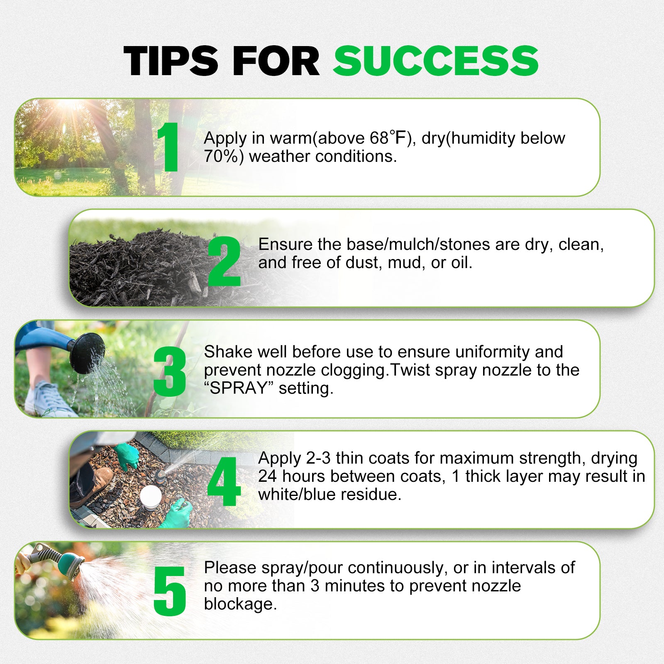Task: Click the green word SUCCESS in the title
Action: pyautogui.click(x=436, y=61)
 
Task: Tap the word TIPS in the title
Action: pyautogui.click(x=171, y=61)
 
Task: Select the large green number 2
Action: pyautogui.click(x=224, y=261)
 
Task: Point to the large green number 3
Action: pyautogui.click(x=170, y=371)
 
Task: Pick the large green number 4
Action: pyautogui.click(x=224, y=482)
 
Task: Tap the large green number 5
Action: pyautogui.click(x=170, y=591)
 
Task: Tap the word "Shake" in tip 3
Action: pyautogui.click(x=228, y=352)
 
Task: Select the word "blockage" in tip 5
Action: pyautogui.click(x=240, y=604)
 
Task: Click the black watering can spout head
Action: pyautogui.click(x=87, y=353)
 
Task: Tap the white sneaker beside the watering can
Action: pyautogui.click(x=48, y=399)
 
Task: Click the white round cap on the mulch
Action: pyautogui.click(x=151, y=496)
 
